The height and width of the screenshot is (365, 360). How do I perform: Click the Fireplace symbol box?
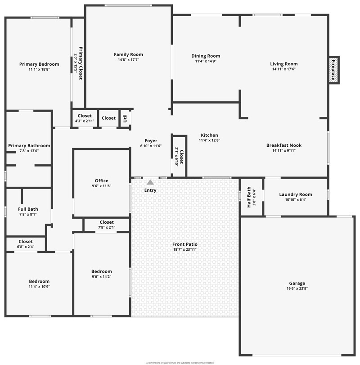coord(333,70)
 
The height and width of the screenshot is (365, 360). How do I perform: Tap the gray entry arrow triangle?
coord(150,182)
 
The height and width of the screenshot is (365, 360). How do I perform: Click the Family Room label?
coord(128,54)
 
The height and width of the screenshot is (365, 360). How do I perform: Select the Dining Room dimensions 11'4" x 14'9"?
coord(206,61)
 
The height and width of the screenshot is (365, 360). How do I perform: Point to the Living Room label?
coord(284,64)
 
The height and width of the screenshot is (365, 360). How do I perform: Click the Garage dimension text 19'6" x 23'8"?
coord(297,288)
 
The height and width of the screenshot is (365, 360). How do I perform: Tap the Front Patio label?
coord(185,244)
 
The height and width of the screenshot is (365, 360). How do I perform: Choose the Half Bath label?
coord(249,197)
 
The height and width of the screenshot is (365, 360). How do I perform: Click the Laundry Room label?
coord(296,194)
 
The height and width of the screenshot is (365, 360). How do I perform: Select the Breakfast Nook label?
coord(284,145)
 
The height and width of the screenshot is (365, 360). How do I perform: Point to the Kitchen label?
coord(209,135)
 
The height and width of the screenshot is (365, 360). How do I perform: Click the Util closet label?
coord(125,118)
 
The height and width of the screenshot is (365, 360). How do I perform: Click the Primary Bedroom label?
coord(39,64)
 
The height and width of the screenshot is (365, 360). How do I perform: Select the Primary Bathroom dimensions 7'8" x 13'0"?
coord(29,151)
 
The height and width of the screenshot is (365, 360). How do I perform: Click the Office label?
coord(101,181)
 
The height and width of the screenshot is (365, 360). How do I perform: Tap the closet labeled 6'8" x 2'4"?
coord(26,247)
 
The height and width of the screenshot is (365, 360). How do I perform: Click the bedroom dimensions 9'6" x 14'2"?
coord(101,277)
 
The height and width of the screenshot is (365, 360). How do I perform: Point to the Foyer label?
coord(151,141)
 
